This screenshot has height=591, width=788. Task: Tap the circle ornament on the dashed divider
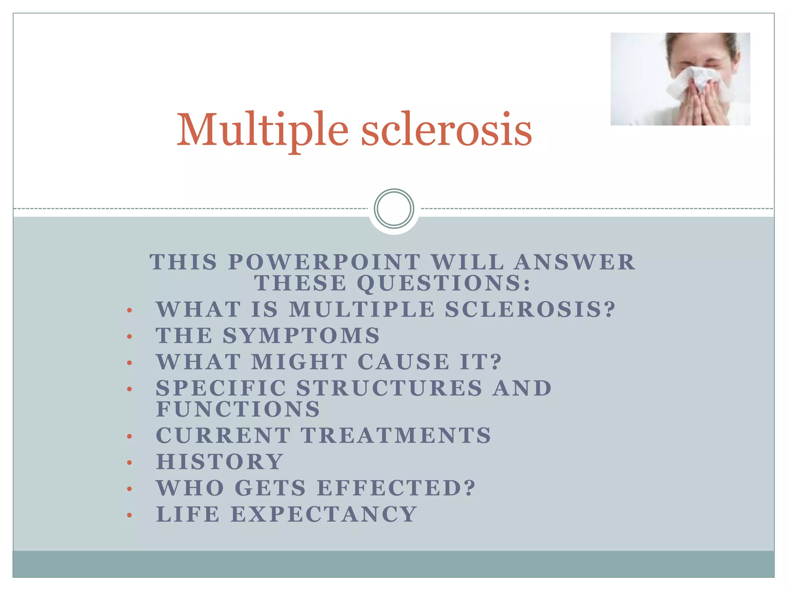pos(394,209)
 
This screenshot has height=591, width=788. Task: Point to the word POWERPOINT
pos(324,262)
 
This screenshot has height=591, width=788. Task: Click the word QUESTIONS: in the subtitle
pos(444,283)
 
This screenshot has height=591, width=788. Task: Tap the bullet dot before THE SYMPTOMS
pos(130,337)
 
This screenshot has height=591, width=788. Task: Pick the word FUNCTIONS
pos(238,409)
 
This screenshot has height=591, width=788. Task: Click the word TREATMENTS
pos(396,436)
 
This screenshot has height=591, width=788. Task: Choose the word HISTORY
pos(220,462)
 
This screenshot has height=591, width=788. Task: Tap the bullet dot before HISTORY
pos(130,462)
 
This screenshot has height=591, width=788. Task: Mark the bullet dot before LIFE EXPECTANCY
pos(130,515)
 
